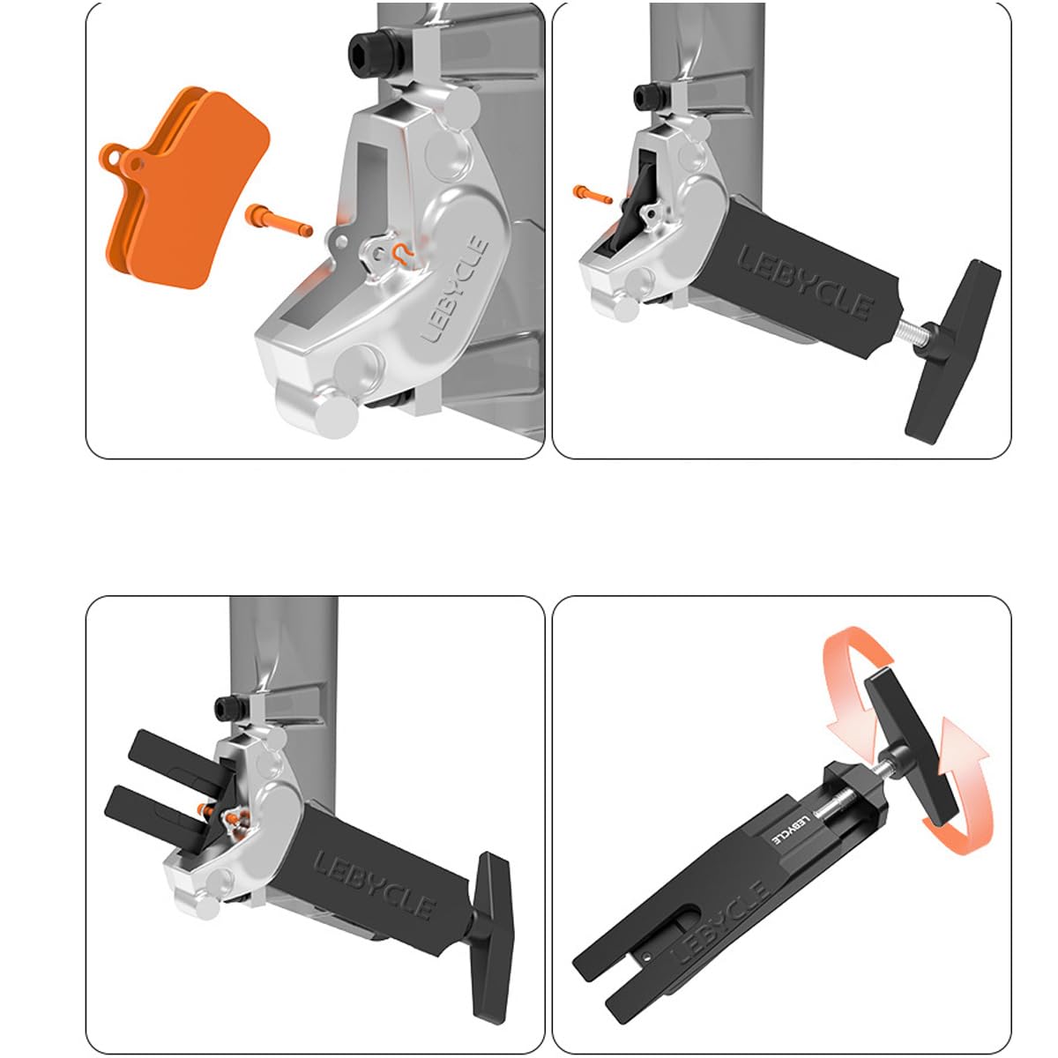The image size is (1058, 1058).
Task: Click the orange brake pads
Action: point(181,190)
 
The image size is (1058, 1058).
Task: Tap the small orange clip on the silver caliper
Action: point(401,254)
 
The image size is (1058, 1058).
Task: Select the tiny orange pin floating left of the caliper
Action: point(592,191)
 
